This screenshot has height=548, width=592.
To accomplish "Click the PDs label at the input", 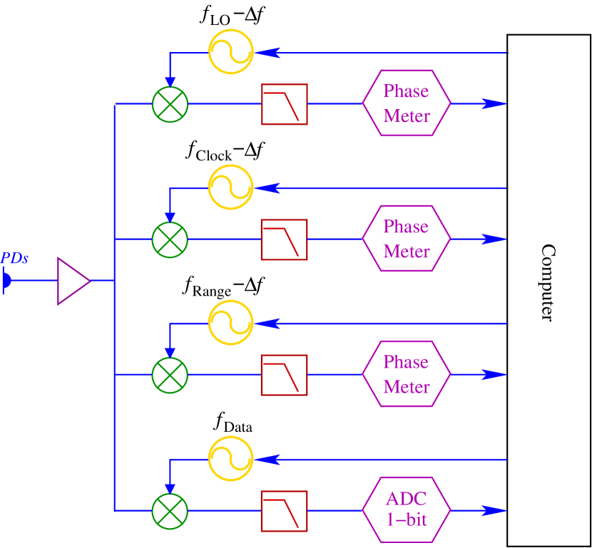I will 14,259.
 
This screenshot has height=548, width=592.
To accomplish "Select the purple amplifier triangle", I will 72,281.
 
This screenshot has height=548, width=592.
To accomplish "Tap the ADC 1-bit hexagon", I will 407,510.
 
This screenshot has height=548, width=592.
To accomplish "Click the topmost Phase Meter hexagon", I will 407,104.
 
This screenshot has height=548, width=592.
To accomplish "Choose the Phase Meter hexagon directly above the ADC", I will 407,375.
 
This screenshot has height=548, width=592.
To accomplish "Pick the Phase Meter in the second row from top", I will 407,239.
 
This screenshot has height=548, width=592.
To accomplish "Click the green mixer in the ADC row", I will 170,510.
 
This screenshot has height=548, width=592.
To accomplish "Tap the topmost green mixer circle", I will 170,104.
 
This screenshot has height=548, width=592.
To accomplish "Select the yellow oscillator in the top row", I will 231,51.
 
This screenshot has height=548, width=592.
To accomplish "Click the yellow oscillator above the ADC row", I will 231,458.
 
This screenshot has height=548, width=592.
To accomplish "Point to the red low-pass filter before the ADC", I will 284,510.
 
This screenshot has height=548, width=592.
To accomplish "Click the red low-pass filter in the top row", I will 284,104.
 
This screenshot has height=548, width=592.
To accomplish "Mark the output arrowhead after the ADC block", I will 494,510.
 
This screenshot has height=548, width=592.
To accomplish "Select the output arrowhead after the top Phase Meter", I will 494,104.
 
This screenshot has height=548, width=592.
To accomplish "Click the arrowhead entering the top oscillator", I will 267,53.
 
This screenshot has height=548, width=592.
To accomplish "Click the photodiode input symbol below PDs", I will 6,281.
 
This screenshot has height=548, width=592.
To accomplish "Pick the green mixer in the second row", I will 170,239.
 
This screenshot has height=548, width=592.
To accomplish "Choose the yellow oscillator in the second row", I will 231,187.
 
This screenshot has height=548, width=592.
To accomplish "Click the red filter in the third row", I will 284,375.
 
